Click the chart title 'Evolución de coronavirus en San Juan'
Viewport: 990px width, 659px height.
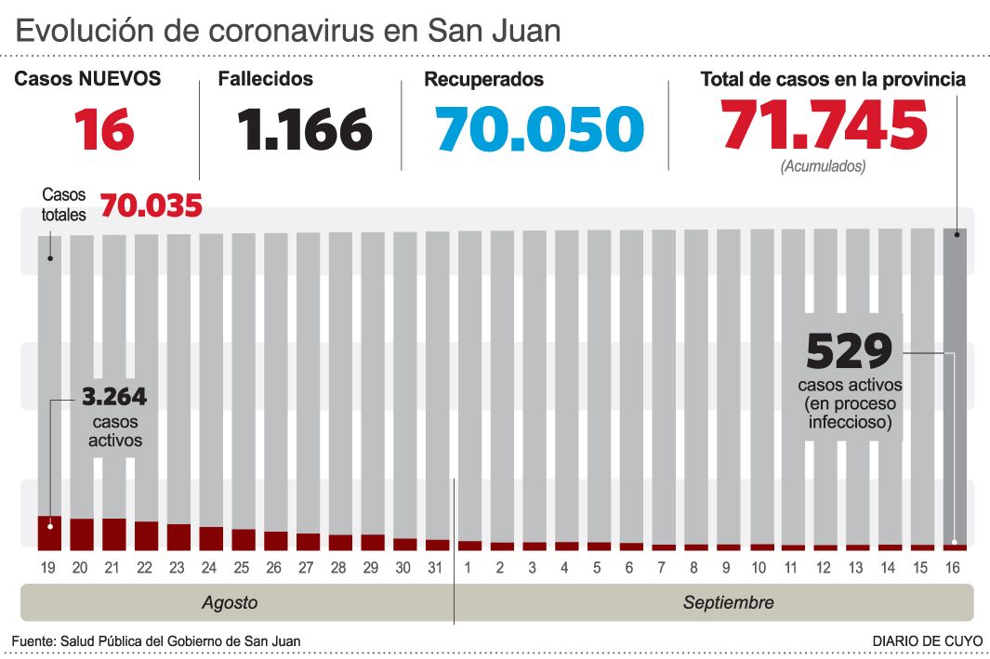tap(288, 31)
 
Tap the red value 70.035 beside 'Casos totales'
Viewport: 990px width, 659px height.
tap(151, 205)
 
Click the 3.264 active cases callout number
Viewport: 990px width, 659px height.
tap(114, 397)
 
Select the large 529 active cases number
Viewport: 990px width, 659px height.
tap(849, 351)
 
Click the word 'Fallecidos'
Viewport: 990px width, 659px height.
tap(266, 79)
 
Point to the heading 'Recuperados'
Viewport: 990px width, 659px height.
tap(483, 80)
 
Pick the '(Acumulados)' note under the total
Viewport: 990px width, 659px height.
tap(823, 166)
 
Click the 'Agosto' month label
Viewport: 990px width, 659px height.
tap(230, 602)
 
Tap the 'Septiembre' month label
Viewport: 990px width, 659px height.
tap(728, 602)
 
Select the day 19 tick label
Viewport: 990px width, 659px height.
tap(49, 567)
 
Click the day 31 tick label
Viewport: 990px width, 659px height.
tap(437, 567)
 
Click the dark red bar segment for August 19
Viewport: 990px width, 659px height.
tap(49, 533)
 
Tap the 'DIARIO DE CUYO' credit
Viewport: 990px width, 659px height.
tap(924, 641)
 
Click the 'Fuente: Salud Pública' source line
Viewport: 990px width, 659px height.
tap(156, 641)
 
